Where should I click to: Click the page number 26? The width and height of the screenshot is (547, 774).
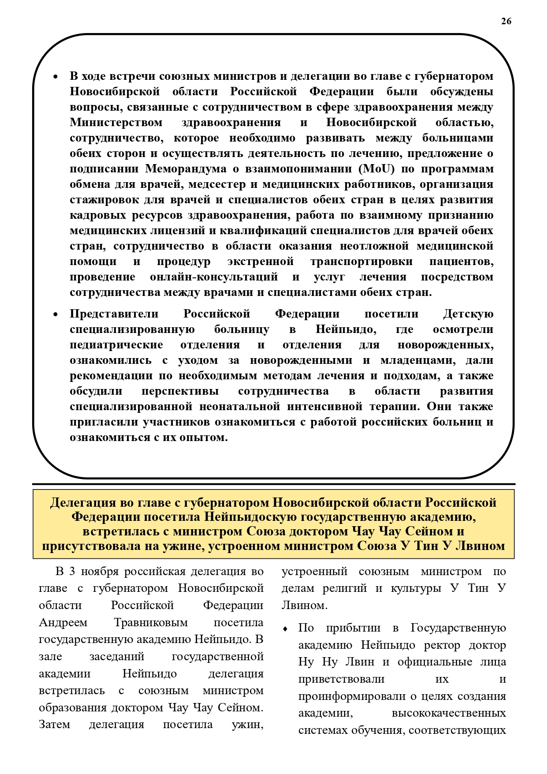pos(506,21)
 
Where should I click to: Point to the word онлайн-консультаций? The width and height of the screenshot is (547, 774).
pos(214,277)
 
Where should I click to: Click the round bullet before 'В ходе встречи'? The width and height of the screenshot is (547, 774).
pos(56,77)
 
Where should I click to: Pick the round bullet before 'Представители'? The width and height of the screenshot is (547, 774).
pos(56,315)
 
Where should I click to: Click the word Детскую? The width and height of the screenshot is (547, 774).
pos(468,314)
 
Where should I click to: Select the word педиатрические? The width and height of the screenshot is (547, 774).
pos(116,345)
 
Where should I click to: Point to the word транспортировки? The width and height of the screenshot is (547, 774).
pos(361,262)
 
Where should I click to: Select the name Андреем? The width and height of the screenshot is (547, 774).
pos(63,623)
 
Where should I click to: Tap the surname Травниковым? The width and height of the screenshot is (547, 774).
pos(151,623)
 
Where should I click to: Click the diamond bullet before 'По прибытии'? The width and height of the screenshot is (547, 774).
pos(286,628)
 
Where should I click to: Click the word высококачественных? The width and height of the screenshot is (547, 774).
pos(449,713)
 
